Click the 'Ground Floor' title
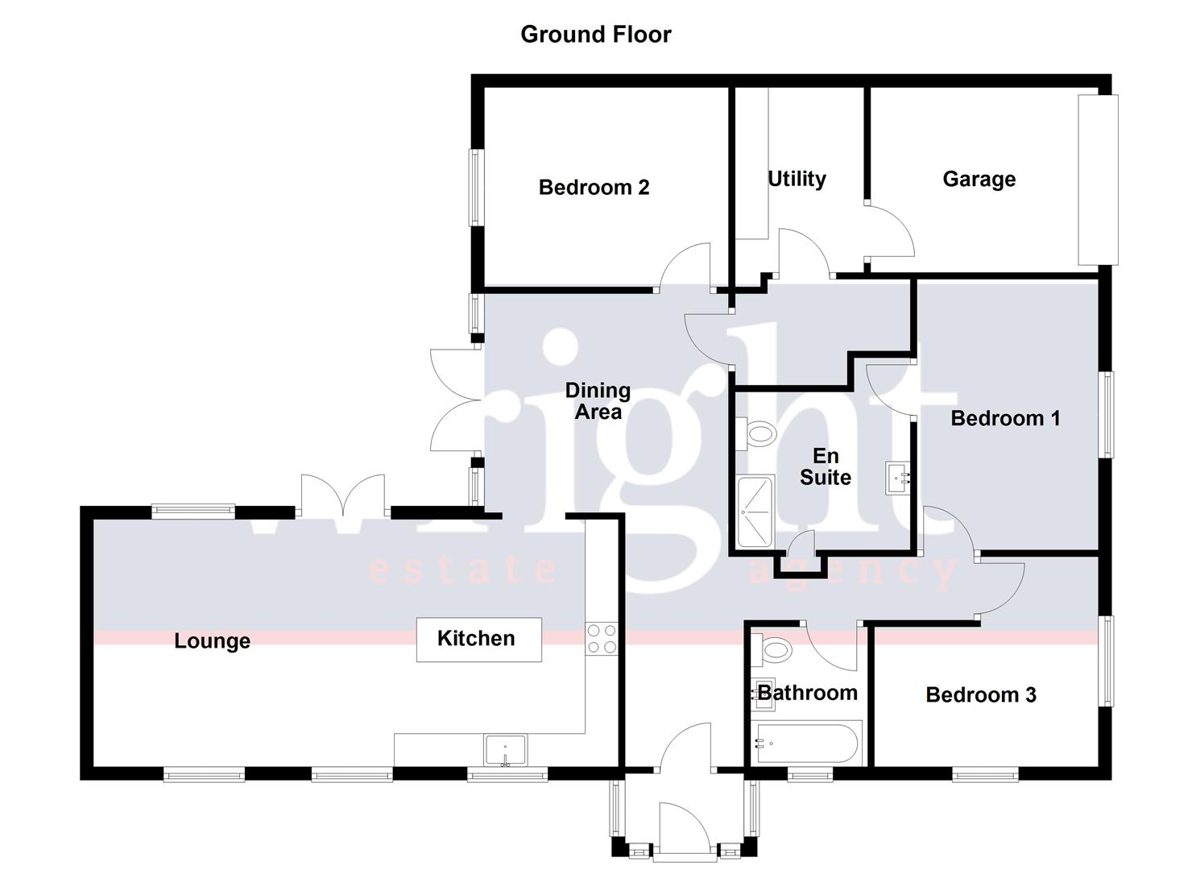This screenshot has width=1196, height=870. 595,34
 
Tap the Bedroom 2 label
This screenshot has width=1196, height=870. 594,188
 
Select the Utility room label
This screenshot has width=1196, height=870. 797,179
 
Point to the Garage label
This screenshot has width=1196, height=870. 979,179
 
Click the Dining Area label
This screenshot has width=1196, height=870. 598,401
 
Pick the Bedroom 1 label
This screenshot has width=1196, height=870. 1005,418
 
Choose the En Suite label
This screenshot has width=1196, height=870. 825,467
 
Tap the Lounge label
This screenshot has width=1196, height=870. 212,641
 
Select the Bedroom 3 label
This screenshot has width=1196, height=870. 980,694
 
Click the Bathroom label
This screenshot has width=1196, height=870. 807,693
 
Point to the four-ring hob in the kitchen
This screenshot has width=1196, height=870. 601,639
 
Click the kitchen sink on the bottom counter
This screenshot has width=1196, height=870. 505,750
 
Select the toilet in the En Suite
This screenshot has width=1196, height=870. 755,434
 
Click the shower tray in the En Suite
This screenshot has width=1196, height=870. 755,512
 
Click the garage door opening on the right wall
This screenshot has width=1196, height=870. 1098,180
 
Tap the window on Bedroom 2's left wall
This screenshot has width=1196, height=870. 476,188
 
